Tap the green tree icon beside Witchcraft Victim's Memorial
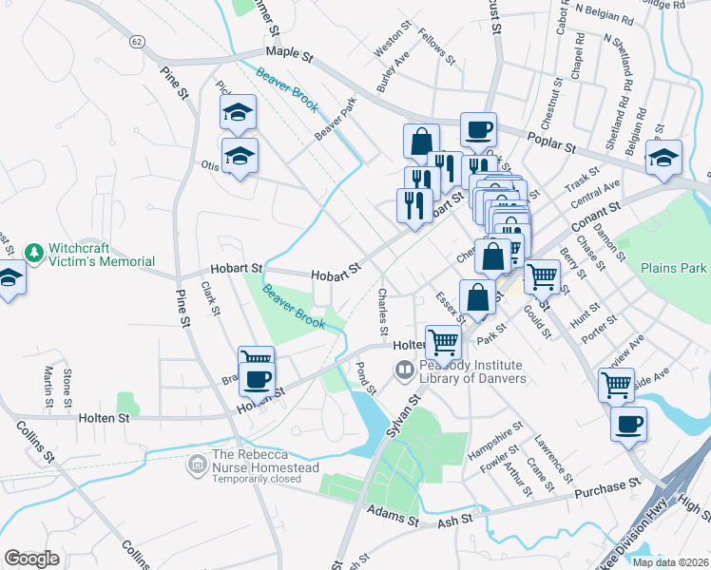click(x=35, y=253)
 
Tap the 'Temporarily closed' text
click(x=263, y=480)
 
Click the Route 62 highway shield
click(x=139, y=41)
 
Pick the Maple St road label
click(x=289, y=55)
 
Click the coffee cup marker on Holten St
click(x=255, y=378)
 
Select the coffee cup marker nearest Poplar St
click(x=478, y=128)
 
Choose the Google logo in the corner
click(x=31, y=558)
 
